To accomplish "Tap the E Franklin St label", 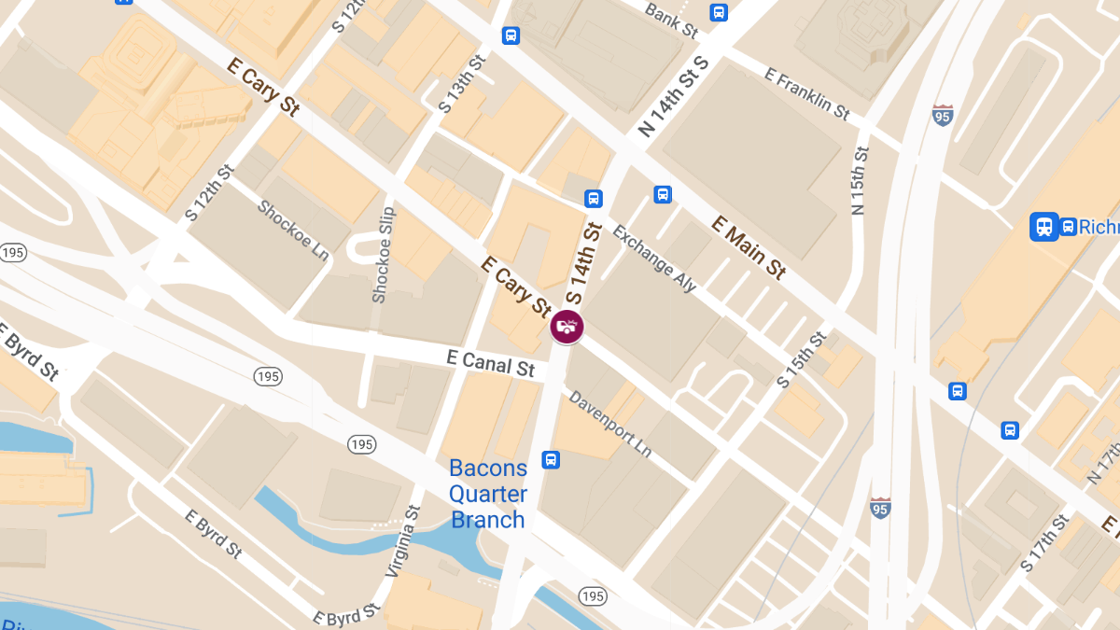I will point(807,93).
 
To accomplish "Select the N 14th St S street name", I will point(674,97).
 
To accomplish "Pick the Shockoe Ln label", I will point(293,231).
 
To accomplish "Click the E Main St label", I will point(748,247).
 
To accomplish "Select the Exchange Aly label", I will point(654,259).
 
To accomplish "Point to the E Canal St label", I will point(490,363).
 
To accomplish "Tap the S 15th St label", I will point(801,359).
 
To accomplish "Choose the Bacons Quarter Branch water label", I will point(488,494).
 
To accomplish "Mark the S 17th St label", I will point(1043,543).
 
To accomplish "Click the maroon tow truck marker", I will point(567,326).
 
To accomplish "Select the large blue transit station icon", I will point(1043,227).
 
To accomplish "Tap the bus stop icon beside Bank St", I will point(718,12).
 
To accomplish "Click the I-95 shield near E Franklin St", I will point(943,116).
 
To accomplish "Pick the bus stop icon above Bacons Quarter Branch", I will point(552,459).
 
